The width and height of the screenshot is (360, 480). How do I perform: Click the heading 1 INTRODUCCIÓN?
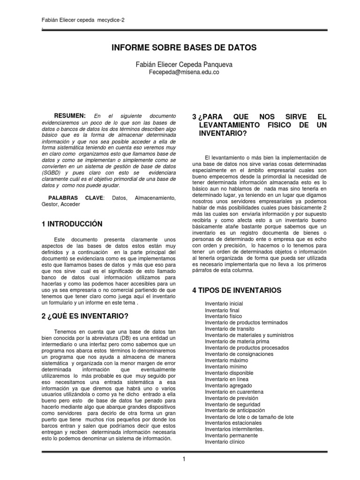[72, 225]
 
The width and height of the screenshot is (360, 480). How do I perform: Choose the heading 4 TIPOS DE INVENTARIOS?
[237, 291]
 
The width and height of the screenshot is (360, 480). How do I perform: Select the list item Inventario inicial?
[224, 304]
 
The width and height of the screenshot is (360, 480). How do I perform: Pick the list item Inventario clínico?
[225, 442]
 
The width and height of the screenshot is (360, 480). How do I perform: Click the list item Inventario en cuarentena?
[234, 391]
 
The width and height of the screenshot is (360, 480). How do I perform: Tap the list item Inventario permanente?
[232, 435]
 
